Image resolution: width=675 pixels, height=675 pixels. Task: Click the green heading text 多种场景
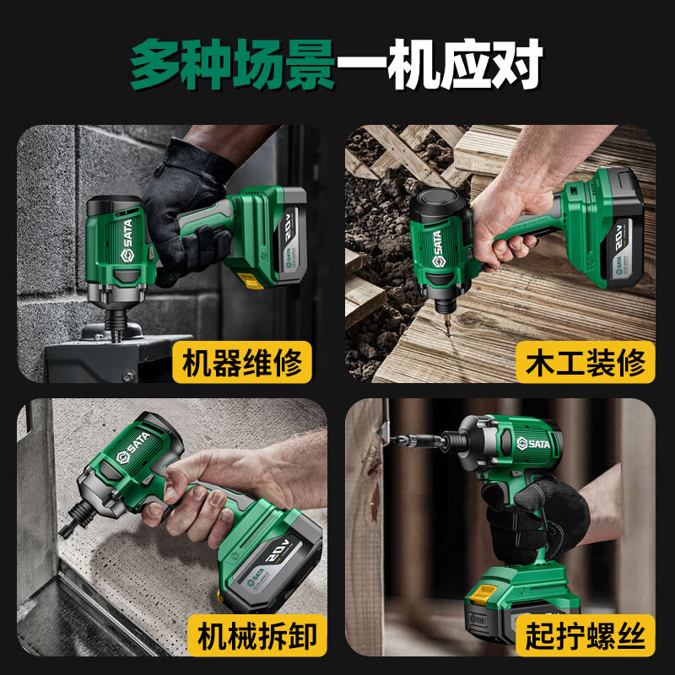(232, 63)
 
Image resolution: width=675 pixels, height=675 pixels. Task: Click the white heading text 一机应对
(439, 63)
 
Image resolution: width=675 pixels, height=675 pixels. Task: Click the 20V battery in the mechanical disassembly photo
(274, 557)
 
